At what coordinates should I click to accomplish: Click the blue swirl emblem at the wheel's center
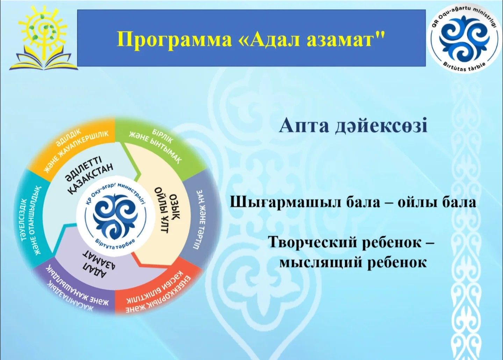116,217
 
